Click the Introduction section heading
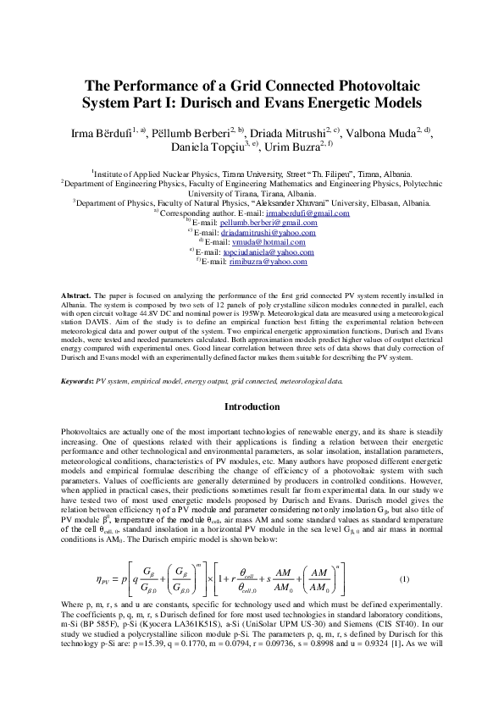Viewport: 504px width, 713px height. point(252,407)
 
